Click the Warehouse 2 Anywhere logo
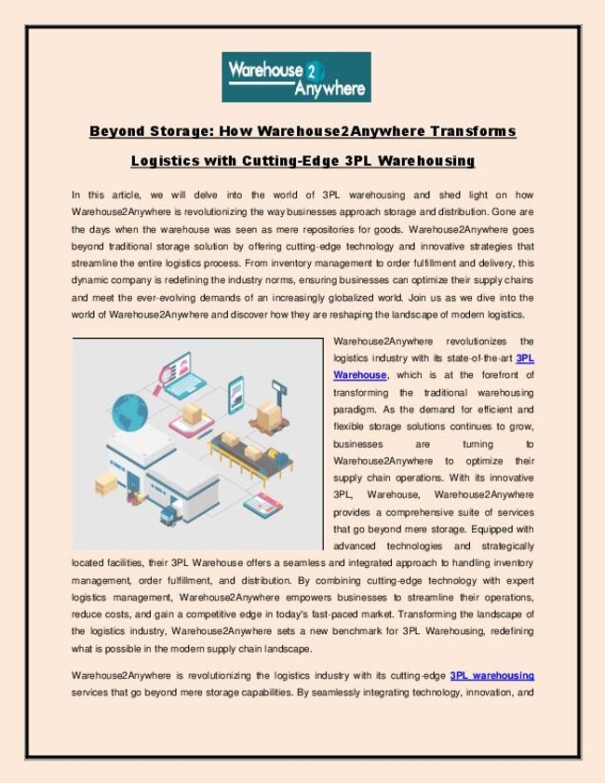point(296,76)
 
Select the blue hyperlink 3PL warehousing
point(491,675)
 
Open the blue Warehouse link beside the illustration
point(359,374)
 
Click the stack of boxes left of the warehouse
point(105,483)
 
